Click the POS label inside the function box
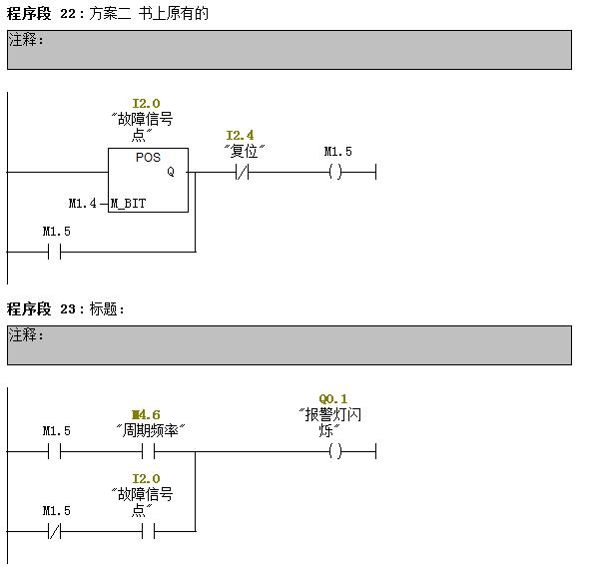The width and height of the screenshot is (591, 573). coord(148,157)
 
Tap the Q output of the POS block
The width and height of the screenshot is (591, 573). coord(171,172)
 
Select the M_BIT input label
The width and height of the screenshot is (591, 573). coord(128,204)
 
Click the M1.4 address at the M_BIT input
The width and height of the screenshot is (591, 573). coord(83,204)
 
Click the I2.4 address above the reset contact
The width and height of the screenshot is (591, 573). coord(240,135)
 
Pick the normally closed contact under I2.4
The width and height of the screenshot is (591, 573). coord(243,173)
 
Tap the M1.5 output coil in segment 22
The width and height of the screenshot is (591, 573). coord(335,173)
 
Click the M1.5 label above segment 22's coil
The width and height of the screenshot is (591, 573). coord(338,152)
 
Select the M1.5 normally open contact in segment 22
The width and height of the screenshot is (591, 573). coord(55,252)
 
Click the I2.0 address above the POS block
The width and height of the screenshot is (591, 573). coord(146,103)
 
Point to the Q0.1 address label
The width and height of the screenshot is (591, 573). coord(333,398)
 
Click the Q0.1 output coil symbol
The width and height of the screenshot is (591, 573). coord(335,451)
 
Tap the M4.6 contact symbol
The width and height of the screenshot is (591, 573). coord(149,451)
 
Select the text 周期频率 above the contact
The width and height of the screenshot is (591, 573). coord(150,430)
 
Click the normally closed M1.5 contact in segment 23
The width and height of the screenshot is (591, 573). coord(55,531)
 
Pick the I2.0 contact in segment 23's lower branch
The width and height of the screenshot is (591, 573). coord(149,531)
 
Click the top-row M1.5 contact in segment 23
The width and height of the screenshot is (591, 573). coord(55,451)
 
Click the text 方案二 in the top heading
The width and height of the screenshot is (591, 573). coord(110,14)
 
